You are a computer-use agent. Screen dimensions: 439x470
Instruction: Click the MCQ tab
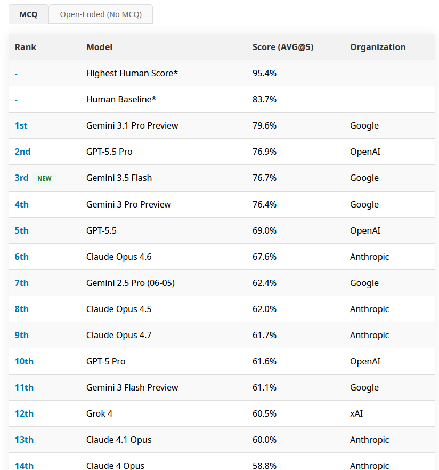click(x=28, y=14)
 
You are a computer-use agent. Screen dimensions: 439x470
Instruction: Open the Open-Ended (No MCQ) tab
click(x=101, y=14)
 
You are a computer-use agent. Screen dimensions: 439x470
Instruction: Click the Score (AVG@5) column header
click(x=283, y=47)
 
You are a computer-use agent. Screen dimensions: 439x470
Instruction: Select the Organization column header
click(x=378, y=47)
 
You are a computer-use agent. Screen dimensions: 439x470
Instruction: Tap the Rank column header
click(x=26, y=47)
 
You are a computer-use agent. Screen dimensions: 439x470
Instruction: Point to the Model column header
click(x=99, y=47)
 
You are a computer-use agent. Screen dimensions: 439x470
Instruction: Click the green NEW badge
click(x=44, y=178)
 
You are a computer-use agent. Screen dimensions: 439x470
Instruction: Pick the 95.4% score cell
click(x=264, y=73)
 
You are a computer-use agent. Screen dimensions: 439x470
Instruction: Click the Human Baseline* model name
click(x=121, y=99)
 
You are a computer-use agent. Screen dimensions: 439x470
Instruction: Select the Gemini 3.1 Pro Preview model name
click(x=132, y=125)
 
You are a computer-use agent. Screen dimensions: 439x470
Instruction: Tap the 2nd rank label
click(x=22, y=152)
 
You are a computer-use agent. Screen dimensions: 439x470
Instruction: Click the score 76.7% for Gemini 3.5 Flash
click(x=264, y=178)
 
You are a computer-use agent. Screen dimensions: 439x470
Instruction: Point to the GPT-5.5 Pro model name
click(x=109, y=152)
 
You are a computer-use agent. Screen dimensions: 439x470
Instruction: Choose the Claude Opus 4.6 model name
click(x=119, y=257)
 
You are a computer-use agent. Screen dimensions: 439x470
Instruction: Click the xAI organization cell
click(x=356, y=413)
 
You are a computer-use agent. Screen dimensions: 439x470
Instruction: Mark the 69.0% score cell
click(x=264, y=230)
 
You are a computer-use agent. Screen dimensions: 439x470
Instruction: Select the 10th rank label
click(x=24, y=361)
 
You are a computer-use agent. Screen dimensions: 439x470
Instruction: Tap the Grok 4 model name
click(x=99, y=413)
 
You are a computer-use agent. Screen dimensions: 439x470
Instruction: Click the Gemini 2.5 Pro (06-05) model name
click(x=131, y=283)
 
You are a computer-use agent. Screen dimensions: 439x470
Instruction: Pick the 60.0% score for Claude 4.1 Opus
click(x=264, y=440)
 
